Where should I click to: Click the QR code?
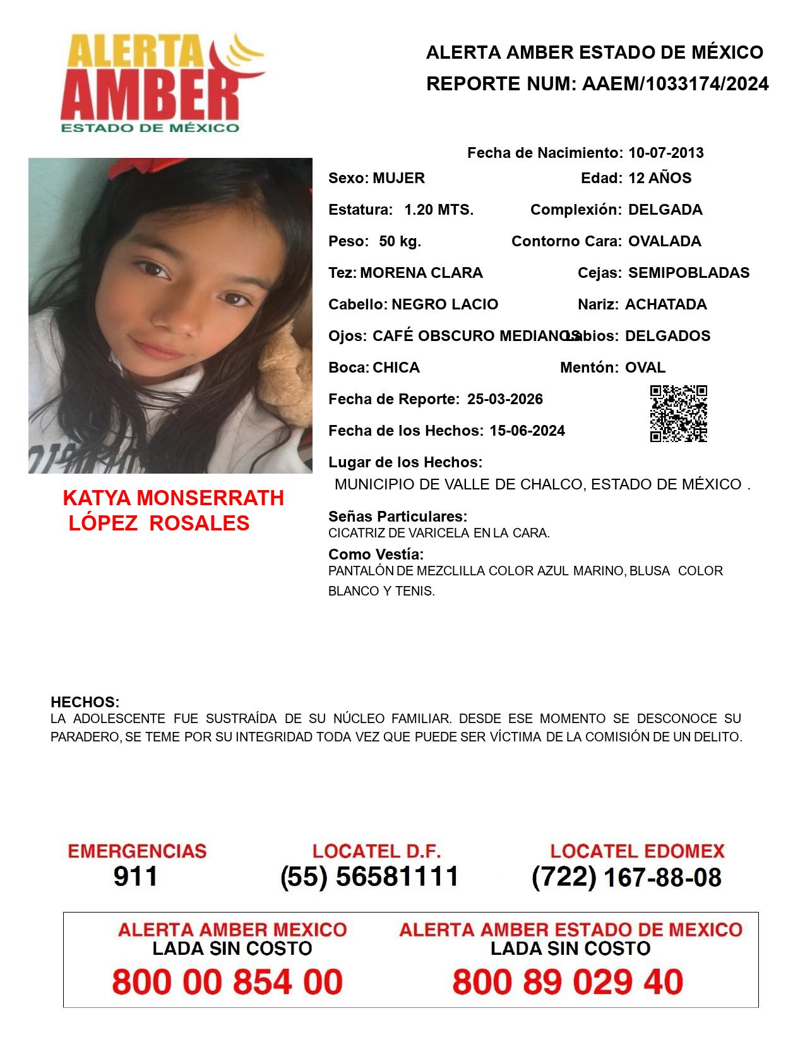point(679,414)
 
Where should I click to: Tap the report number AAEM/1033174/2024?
point(675,84)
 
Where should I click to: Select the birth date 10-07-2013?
point(665,153)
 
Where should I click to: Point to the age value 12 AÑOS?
point(659,178)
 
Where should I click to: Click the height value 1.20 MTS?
point(438,210)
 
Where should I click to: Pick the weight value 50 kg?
point(400,241)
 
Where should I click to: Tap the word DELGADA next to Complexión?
point(665,210)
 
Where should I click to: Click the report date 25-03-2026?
point(504,399)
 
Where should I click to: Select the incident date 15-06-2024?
point(527,431)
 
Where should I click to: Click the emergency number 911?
point(136,877)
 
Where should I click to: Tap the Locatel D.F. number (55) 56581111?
point(370,877)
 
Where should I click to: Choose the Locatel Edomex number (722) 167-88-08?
point(626,877)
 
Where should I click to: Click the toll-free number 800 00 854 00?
point(227,982)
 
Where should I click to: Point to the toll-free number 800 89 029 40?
point(567,982)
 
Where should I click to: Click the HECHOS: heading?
point(85,702)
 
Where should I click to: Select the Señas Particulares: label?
point(398,517)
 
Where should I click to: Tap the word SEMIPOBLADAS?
point(688,273)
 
